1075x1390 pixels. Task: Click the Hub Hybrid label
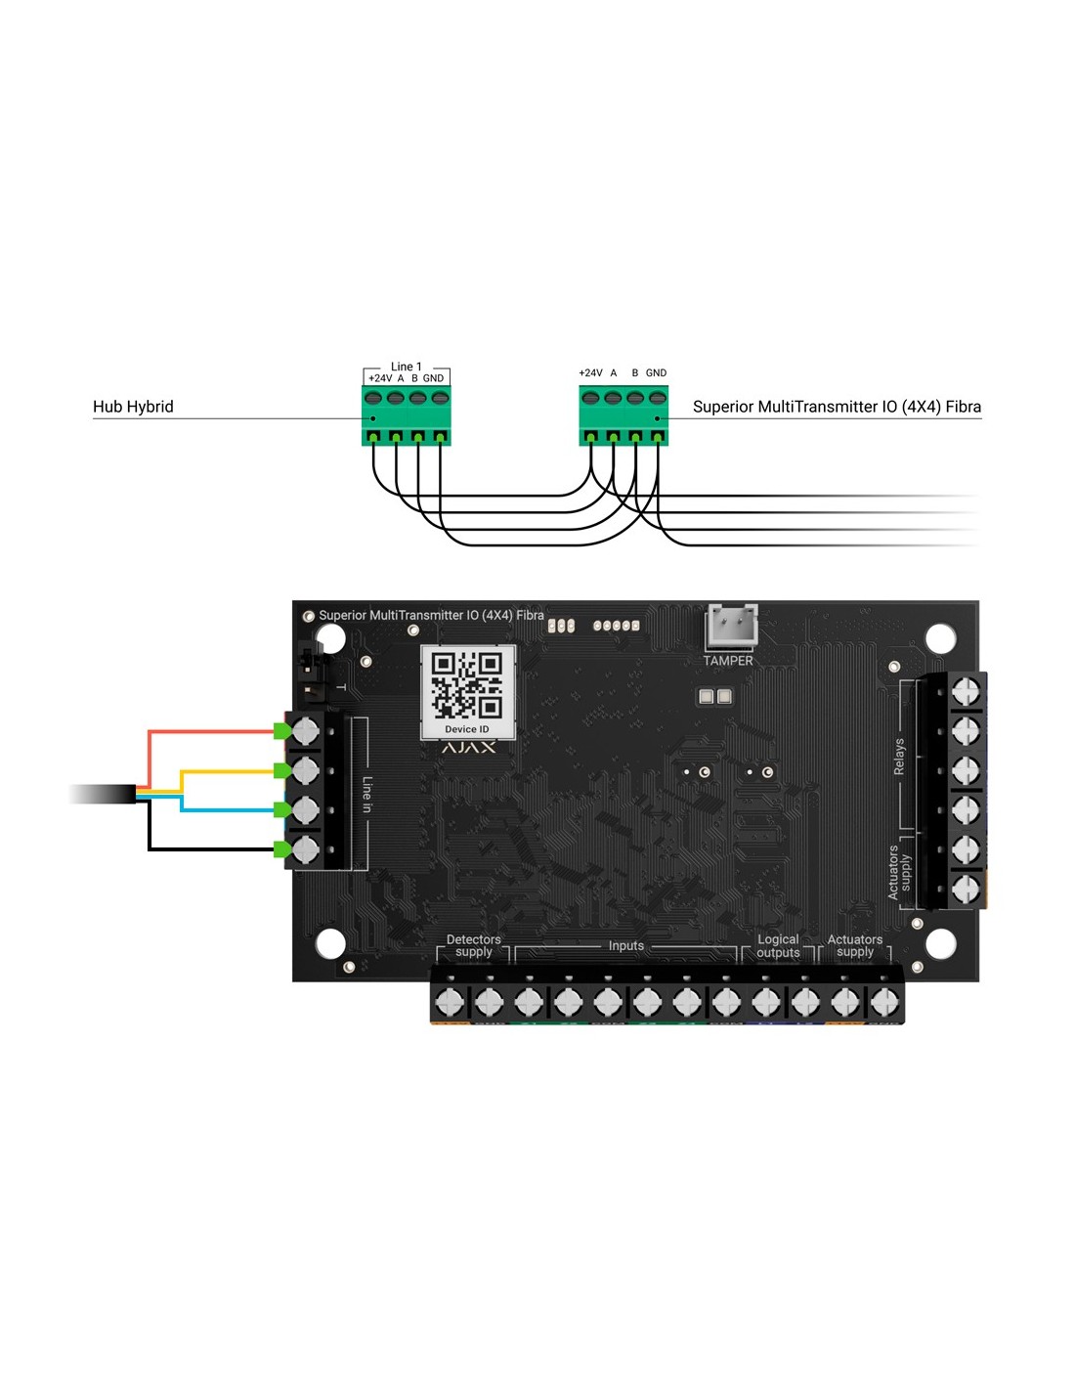[133, 407]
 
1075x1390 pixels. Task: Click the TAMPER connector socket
[732, 627]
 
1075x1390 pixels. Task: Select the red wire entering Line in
[210, 730]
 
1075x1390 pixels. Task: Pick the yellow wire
[230, 771]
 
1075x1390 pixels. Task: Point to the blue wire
[230, 809]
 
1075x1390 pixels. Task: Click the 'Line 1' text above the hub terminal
[407, 367]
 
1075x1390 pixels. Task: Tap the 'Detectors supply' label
[474, 945]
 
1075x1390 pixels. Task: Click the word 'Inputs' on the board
[626, 945]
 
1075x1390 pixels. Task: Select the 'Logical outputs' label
[778, 945]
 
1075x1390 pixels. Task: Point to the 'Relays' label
[899, 757]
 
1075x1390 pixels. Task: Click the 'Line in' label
[367, 794]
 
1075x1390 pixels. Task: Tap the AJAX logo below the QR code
[468, 748]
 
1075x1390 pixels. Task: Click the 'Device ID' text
[466, 729]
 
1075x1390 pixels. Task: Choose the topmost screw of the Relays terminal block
[966, 691]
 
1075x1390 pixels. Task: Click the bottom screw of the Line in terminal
[306, 848]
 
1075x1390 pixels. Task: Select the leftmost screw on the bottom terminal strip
[449, 1001]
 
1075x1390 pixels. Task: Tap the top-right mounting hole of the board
[940, 638]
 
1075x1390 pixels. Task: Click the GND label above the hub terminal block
[433, 378]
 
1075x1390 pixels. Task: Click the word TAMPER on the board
[728, 661]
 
